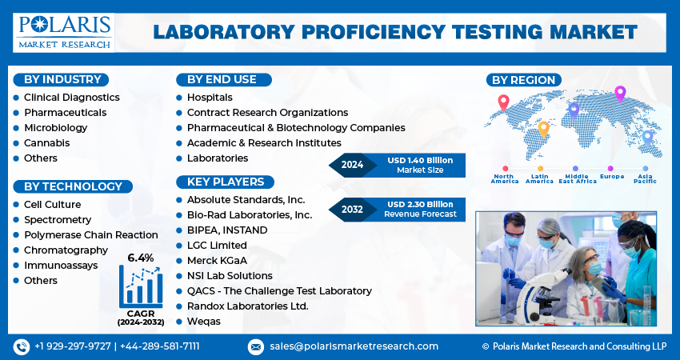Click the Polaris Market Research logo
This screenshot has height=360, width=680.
(64, 32)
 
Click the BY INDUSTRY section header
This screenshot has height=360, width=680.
(62, 79)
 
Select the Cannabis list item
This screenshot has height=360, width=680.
(46, 142)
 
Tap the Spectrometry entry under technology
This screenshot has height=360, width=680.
(57, 219)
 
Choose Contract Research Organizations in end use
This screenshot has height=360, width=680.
(267, 112)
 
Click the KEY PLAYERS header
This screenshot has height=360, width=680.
(225, 182)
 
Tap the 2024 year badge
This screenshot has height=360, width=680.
(352, 165)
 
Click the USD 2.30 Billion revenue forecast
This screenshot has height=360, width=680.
(419, 204)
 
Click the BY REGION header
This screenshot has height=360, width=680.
(523, 79)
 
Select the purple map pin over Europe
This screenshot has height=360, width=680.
(619, 94)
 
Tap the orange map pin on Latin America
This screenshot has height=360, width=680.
(543, 128)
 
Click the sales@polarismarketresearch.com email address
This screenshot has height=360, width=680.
(354, 346)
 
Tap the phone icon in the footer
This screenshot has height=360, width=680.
(21, 346)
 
